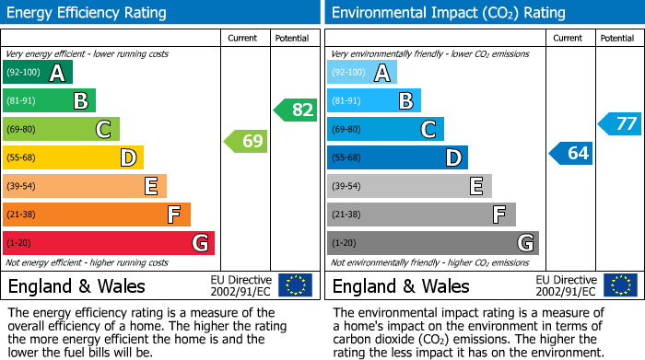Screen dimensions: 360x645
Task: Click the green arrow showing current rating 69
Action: click(245, 142)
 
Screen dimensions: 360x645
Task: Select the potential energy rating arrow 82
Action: click(296, 110)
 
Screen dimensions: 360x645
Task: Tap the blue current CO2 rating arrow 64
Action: click(571, 153)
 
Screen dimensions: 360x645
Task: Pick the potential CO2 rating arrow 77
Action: click(620, 123)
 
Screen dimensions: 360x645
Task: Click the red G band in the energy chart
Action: click(109, 243)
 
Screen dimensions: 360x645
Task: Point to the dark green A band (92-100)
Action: click(38, 73)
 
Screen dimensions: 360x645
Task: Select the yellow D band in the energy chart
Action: click(74, 157)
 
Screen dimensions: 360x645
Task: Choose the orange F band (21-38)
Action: click(97, 215)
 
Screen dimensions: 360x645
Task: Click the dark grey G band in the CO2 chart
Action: click(433, 243)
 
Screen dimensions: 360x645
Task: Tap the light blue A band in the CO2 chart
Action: click(362, 73)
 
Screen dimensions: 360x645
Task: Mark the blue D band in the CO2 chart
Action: click(397, 157)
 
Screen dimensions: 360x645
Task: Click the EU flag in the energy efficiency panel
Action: click(295, 285)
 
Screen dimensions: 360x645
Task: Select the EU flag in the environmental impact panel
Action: click(619, 285)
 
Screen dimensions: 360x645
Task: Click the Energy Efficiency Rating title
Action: click(88, 13)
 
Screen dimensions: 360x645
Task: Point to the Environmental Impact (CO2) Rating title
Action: click(448, 13)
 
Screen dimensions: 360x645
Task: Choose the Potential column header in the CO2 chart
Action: click(616, 38)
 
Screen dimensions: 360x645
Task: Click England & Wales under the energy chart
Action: click(76, 285)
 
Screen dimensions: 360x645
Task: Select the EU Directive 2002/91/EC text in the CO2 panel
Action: click(566, 285)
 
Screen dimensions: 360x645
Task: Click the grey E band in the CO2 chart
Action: click(409, 186)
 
